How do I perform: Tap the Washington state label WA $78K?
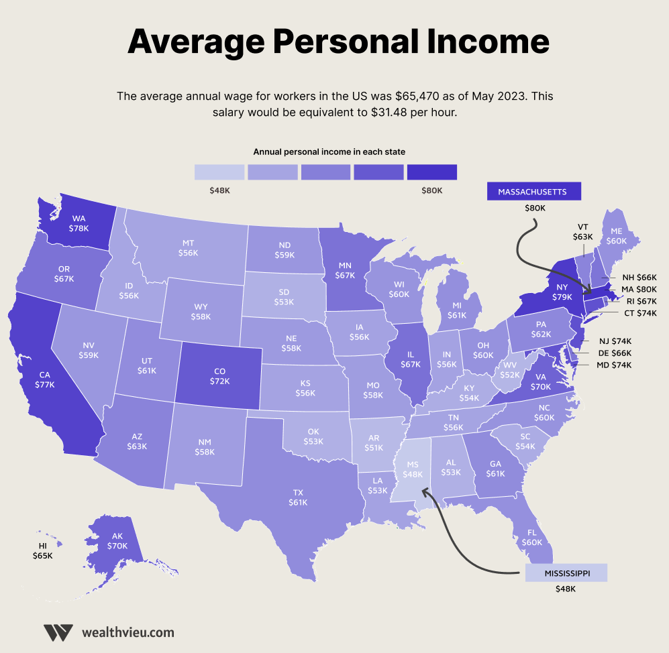pyautogui.click(x=79, y=223)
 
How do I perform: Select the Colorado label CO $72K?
pyautogui.click(x=219, y=376)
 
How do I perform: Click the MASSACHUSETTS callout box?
pyautogui.click(x=533, y=192)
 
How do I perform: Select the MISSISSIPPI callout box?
pyautogui.click(x=566, y=573)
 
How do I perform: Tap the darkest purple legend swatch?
pyautogui.click(x=431, y=172)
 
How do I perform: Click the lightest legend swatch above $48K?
pyautogui.click(x=219, y=172)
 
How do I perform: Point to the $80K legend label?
pyautogui.click(x=431, y=190)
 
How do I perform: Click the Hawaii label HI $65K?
pyautogui.click(x=42, y=551)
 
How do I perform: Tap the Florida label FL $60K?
pyautogui.click(x=532, y=537)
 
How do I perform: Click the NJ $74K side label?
pyautogui.click(x=615, y=341)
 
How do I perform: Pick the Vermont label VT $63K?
pyautogui.click(x=582, y=232)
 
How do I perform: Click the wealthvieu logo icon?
pyautogui.click(x=58, y=632)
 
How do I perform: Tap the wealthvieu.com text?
pyautogui.click(x=127, y=632)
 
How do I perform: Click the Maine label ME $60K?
pyautogui.click(x=616, y=235)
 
